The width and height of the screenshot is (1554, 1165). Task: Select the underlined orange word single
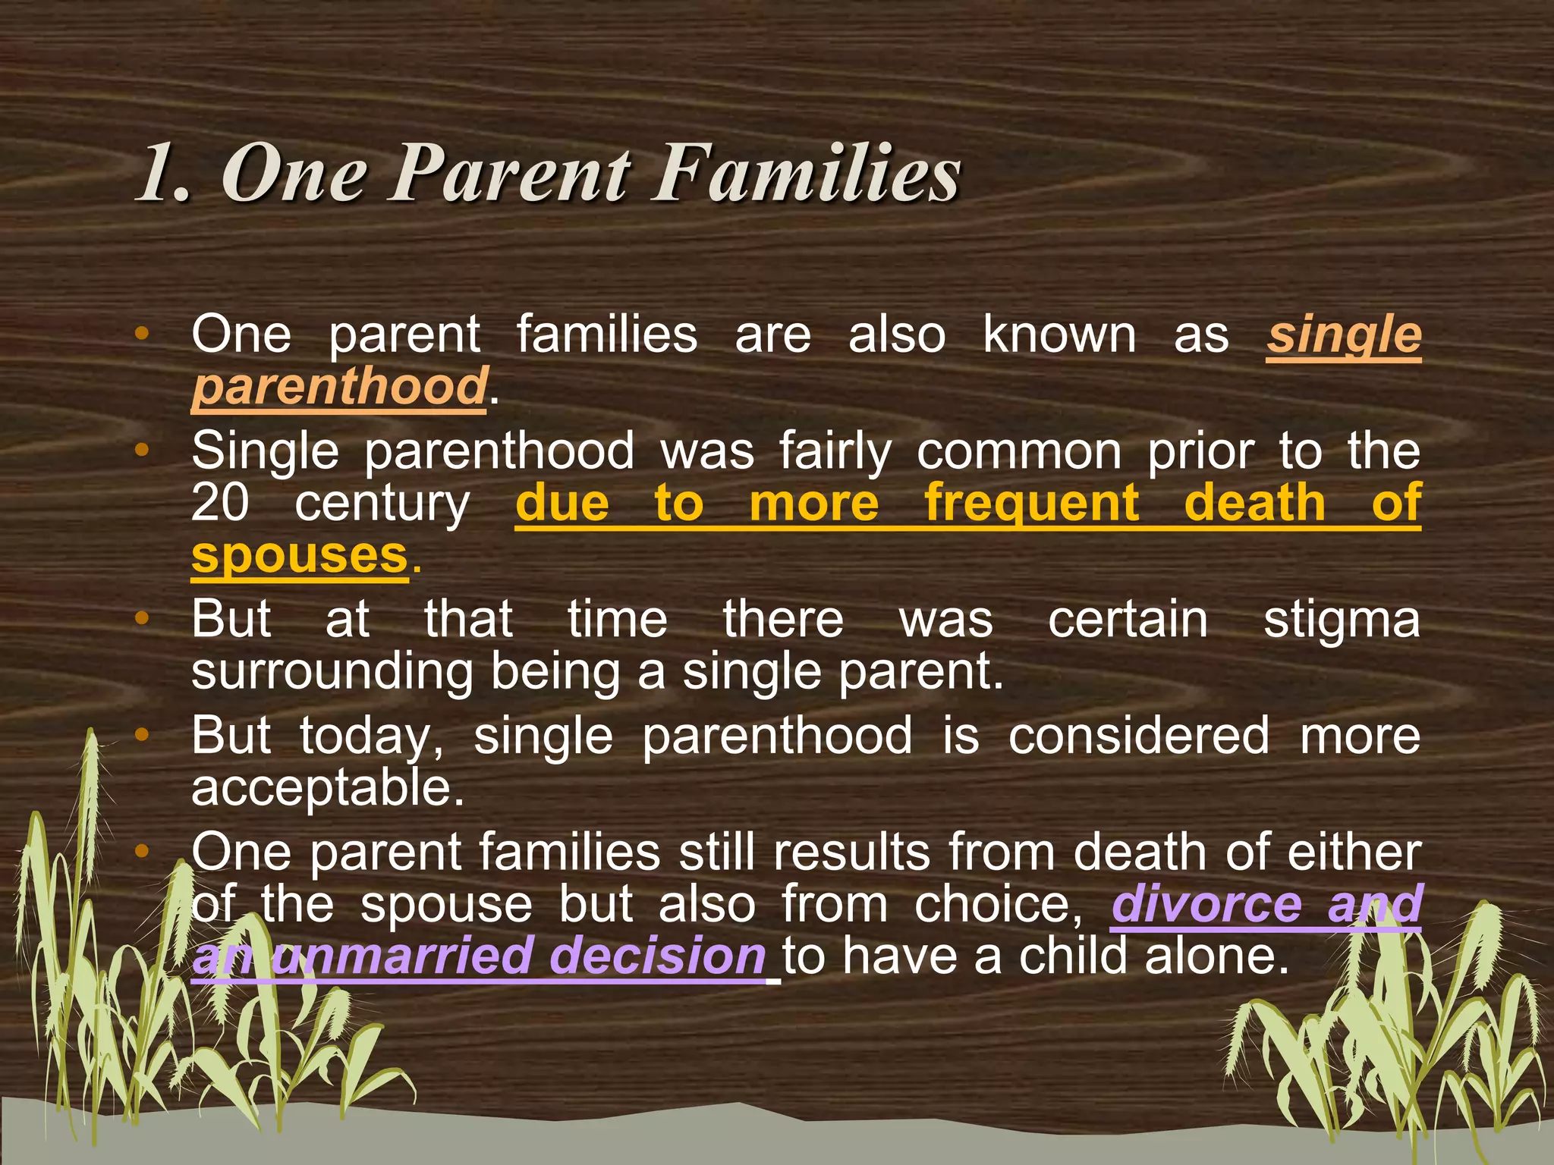click(x=1343, y=336)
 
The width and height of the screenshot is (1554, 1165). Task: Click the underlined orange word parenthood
click(x=338, y=388)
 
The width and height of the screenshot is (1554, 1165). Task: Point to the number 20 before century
click(x=220, y=503)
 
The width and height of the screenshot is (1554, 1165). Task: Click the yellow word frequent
click(x=1031, y=504)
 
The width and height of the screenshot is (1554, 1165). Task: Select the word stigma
click(x=1341, y=620)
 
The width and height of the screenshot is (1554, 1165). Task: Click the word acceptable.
click(x=327, y=788)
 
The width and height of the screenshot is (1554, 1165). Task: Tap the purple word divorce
click(x=1206, y=905)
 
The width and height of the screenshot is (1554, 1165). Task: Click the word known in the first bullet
click(x=1059, y=335)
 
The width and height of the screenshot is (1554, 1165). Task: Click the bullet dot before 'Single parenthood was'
click(x=141, y=451)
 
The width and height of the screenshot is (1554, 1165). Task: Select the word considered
click(x=1138, y=736)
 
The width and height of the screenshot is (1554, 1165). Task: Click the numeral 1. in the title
click(x=163, y=175)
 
